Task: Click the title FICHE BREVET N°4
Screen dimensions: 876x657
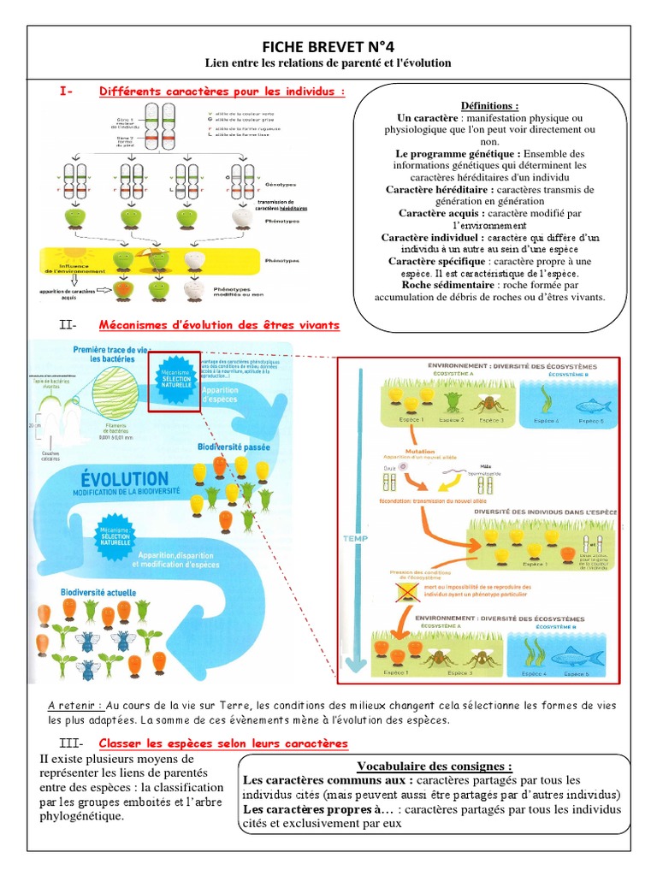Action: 328,48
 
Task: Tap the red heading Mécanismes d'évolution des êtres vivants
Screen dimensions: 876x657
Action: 219,325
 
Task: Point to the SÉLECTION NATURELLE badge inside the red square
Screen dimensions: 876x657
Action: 174,380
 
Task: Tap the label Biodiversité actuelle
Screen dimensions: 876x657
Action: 97,592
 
